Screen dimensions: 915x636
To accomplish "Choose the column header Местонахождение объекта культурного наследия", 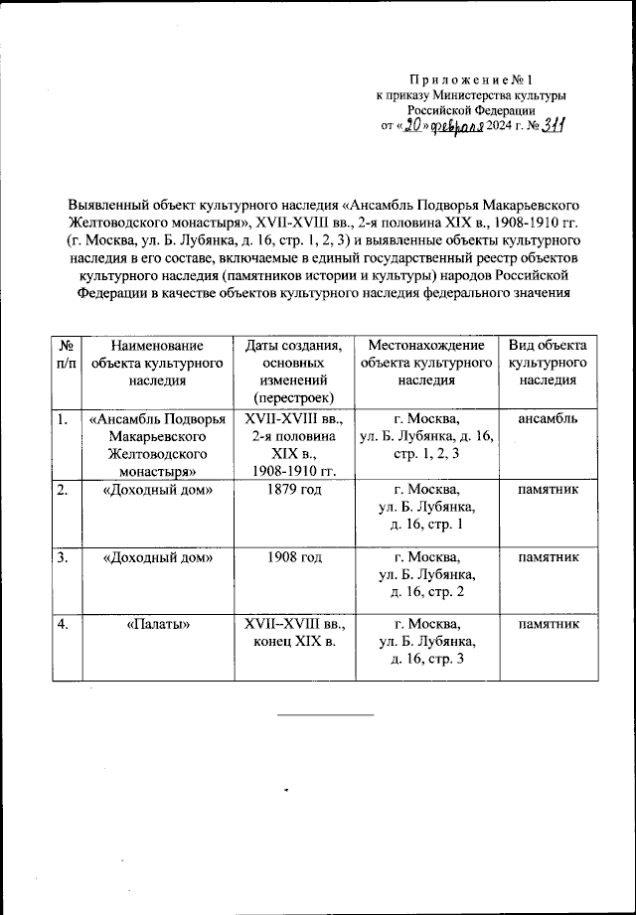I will tap(426, 363).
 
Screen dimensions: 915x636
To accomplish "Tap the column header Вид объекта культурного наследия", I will tap(548, 363).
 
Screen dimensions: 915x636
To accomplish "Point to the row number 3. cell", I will tap(63, 557).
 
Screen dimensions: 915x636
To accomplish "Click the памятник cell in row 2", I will tap(548, 490).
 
